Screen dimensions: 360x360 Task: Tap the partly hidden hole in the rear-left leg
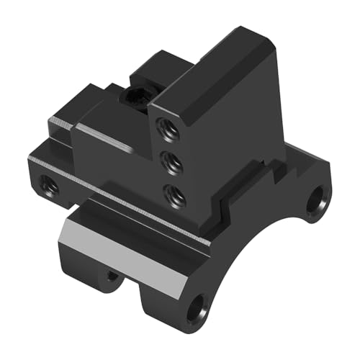pos(111,276)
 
